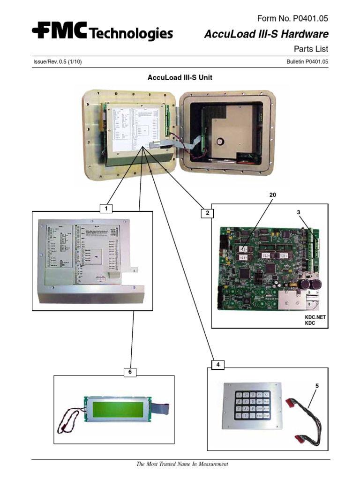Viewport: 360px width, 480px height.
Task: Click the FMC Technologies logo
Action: click(x=102, y=32)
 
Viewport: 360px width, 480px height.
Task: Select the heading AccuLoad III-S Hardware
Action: click(x=266, y=34)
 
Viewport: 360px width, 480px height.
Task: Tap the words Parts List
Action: click(x=311, y=49)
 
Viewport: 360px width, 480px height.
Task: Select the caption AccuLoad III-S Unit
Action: click(x=180, y=77)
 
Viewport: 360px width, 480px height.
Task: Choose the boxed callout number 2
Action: click(x=205, y=213)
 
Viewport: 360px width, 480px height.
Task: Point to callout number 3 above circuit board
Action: click(x=298, y=212)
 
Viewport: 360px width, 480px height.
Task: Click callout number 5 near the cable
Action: click(x=316, y=386)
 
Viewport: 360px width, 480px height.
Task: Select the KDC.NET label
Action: click(x=315, y=317)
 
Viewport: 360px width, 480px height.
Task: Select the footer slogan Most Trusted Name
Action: click(x=182, y=464)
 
